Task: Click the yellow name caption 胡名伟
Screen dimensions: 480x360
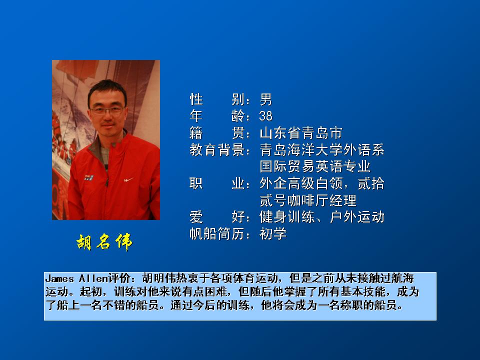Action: click(x=104, y=242)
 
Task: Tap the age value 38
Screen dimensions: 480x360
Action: click(x=265, y=116)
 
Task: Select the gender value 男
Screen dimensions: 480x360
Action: click(x=265, y=99)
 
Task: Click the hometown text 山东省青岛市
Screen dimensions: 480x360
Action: click(x=300, y=133)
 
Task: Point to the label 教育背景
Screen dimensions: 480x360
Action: click(x=217, y=149)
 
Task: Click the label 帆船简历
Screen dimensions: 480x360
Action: click(x=217, y=234)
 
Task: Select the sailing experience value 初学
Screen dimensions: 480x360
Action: click(x=273, y=234)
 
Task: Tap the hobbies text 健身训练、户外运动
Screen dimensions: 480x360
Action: click(x=321, y=217)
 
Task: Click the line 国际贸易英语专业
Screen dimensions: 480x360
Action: click(x=314, y=166)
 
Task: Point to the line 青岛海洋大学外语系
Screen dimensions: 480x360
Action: click(x=321, y=149)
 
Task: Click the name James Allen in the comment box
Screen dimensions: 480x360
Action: click(x=76, y=278)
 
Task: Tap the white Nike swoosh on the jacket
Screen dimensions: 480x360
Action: click(x=128, y=179)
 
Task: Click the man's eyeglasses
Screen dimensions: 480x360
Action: click(x=107, y=110)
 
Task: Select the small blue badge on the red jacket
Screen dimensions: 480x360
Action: click(x=89, y=177)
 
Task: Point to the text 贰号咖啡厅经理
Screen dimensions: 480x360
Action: click(x=307, y=200)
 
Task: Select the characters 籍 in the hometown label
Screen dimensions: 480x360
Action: click(x=196, y=133)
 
